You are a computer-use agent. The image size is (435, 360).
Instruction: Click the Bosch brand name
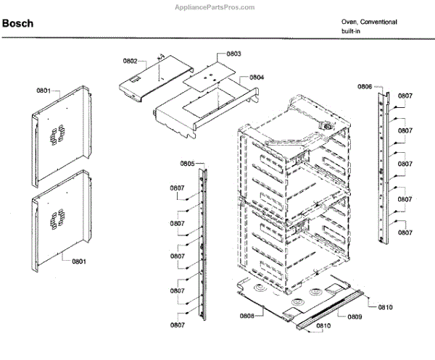pyautogui.click(x=18, y=23)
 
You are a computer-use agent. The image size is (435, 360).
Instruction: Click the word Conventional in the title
pyautogui.click(x=380, y=22)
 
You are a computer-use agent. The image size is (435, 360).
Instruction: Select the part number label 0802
pyautogui.click(x=130, y=61)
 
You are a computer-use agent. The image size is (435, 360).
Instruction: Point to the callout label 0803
pyautogui.click(x=233, y=54)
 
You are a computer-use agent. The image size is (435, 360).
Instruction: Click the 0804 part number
pyautogui.click(x=257, y=78)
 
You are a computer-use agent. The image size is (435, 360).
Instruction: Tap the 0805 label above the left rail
pyautogui.click(x=188, y=164)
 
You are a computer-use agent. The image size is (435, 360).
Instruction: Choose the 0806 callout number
pyautogui.click(x=365, y=87)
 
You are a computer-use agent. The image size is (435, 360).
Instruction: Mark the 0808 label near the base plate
pyautogui.click(x=246, y=315)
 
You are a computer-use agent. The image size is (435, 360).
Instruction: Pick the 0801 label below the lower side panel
pyautogui.click(x=79, y=261)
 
